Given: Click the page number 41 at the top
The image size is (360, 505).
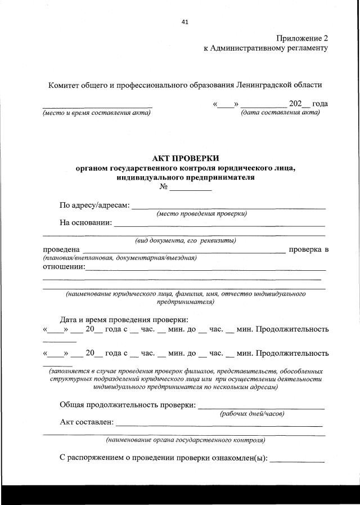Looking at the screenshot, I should click(x=185, y=22).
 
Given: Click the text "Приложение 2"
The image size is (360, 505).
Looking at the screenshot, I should click(x=301, y=38).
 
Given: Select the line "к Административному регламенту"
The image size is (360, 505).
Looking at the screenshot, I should click(x=265, y=48).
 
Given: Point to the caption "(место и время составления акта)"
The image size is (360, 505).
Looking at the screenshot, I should click(x=97, y=113).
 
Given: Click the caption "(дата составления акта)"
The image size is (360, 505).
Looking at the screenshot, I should click(x=280, y=113).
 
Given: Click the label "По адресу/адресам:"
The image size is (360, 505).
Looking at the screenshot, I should click(x=94, y=205).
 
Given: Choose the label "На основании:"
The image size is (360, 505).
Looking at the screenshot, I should click(x=85, y=222).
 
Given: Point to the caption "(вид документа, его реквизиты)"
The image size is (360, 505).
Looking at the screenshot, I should click(x=185, y=240).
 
